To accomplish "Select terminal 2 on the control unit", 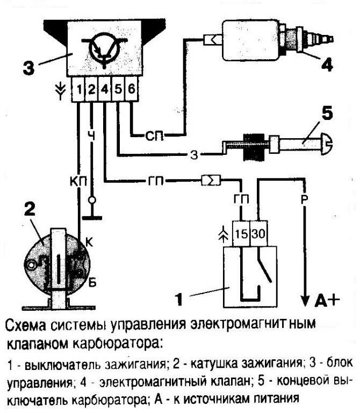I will pyautogui.click(x=91, y=90).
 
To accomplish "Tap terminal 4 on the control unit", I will pyautogui.click(x=105, y=90).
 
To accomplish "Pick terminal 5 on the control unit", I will pyautogui.click(x=118, y=90).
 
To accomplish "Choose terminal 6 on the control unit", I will pyautogui.click(x=131, y=90).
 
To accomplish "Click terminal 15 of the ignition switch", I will pyautogui.click(x=242, y=234).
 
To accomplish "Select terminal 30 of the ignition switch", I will pyautogui.click(x=259, y=234).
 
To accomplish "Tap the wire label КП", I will pyautogui.click(x=78, y=179).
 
